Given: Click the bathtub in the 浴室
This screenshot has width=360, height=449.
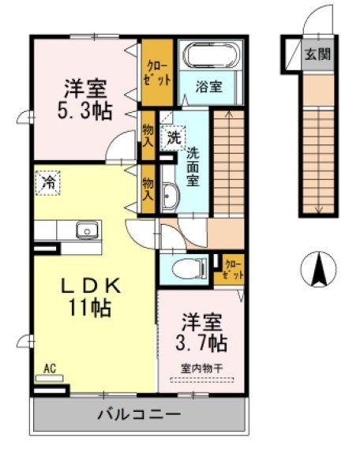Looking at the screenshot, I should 208,56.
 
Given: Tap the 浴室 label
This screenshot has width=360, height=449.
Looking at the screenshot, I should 208,87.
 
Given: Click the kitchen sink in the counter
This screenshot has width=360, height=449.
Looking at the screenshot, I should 85,230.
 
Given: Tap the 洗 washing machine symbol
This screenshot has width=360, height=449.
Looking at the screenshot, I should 172,137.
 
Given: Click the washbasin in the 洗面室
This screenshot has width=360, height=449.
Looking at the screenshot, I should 168,196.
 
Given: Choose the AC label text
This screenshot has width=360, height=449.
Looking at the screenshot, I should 49,368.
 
